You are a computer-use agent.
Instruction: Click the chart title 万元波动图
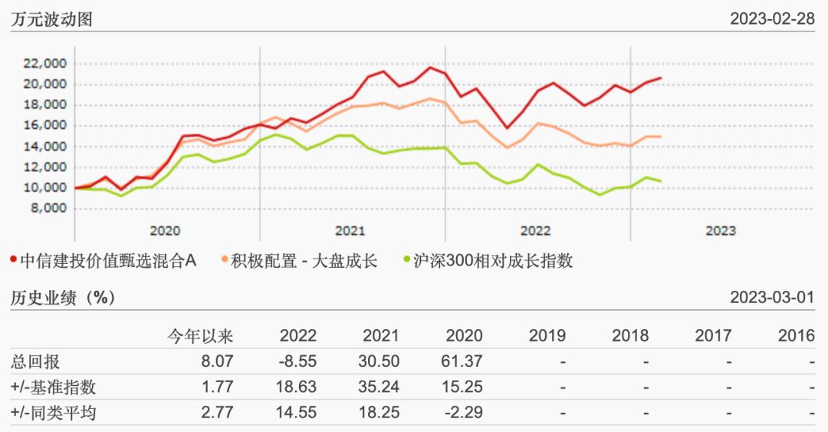51,19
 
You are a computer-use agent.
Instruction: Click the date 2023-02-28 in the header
772,19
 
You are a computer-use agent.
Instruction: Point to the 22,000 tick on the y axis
46,64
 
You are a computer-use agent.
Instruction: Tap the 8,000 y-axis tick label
49,208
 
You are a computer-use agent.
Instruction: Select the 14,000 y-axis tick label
46,147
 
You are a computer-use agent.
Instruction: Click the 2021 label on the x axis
350,230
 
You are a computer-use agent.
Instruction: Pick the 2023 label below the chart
720,230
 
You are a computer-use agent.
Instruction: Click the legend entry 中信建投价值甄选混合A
107,261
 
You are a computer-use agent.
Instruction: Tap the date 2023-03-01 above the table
772,298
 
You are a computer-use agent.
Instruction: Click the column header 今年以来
201,335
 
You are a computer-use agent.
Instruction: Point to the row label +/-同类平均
54,413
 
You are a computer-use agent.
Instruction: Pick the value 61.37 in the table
464,361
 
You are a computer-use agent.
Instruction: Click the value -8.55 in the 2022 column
298,361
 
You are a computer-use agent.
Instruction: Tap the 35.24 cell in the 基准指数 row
381,387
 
